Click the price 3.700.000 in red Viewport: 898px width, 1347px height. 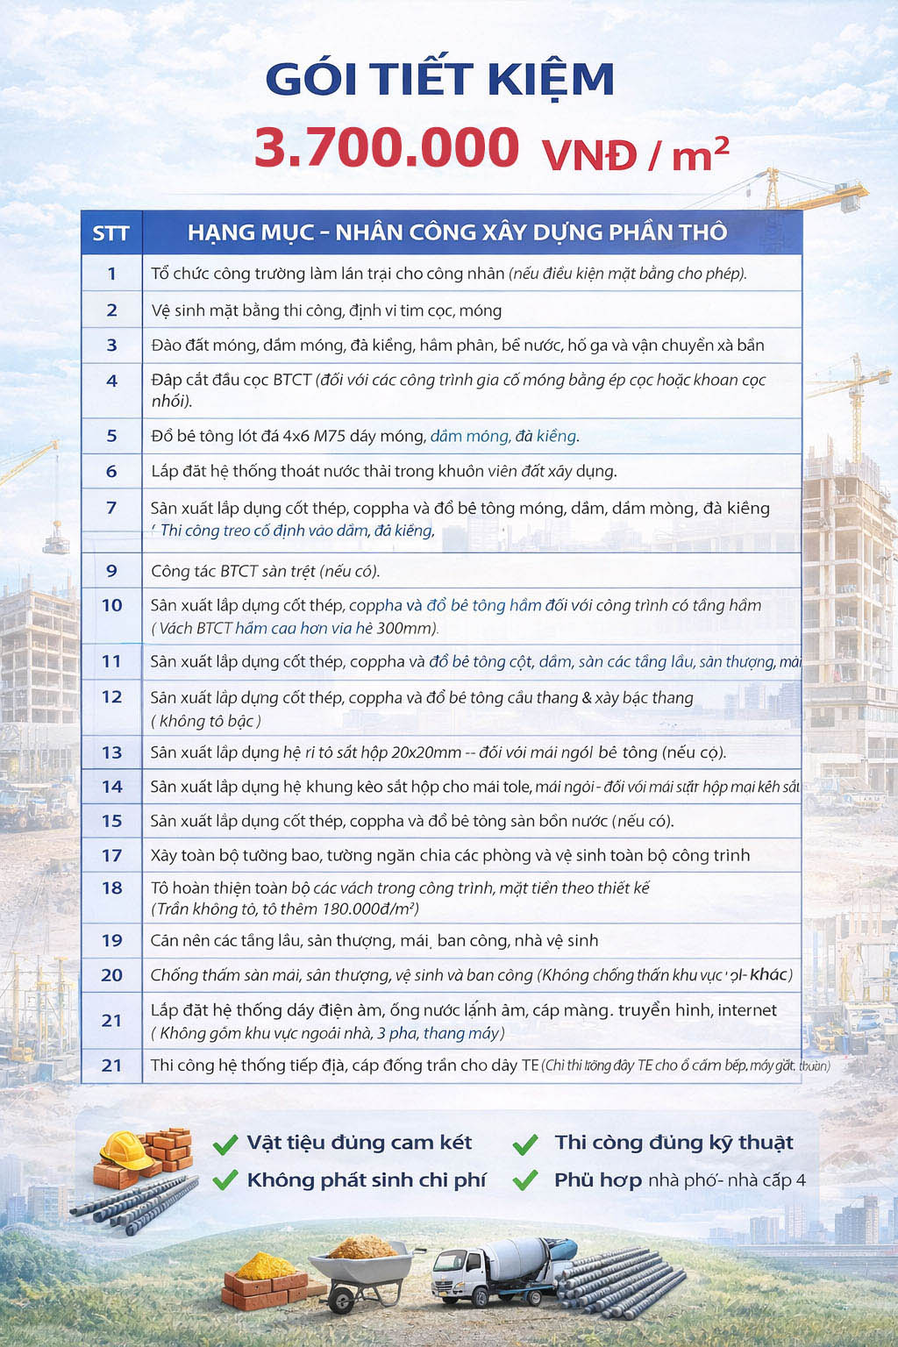[387, 147]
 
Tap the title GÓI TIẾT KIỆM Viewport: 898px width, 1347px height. [439, 79]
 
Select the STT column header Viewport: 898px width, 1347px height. [110, 233]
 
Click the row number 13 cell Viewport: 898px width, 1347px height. [111, 752]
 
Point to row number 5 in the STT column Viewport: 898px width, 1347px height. [111, 436]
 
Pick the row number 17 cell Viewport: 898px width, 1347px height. [111, 855]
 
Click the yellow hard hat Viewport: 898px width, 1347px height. [126, 1150]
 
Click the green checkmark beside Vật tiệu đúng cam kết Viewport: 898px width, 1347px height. [225, 1144]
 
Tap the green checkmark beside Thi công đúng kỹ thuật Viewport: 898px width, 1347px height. [525, 1144]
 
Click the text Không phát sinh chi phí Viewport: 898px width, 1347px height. [366, 1180]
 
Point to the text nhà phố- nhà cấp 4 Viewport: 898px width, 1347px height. [726, 1180]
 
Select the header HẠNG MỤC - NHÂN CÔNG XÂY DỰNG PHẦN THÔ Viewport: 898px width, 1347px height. [457, 232]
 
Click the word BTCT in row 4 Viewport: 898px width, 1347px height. [292, 380]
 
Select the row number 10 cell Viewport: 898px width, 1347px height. [111, 605]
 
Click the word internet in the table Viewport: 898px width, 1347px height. [747, 1010]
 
